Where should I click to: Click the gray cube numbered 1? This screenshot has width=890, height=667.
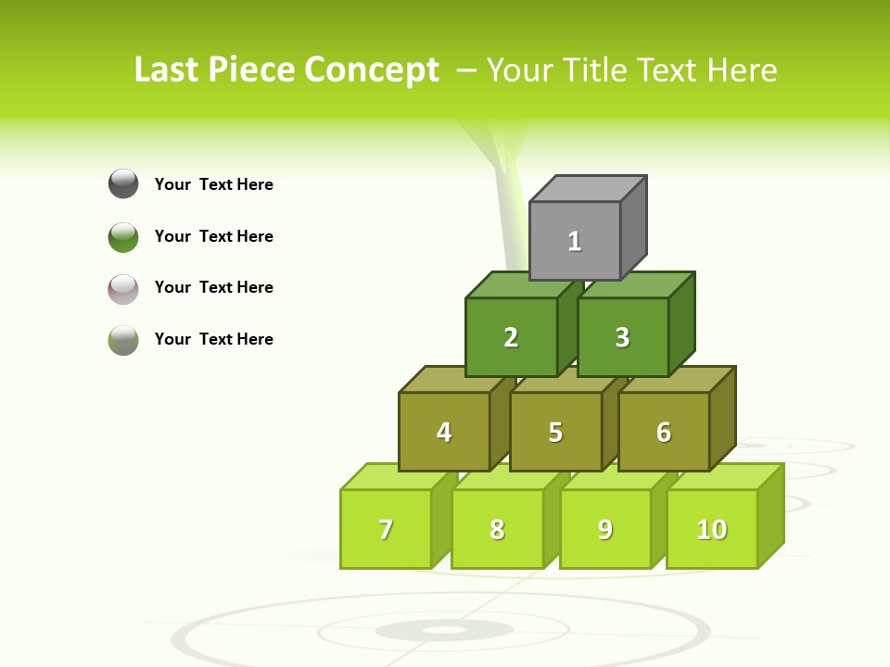575,241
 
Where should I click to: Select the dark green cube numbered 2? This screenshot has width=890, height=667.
511,337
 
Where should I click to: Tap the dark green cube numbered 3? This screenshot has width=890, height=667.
622,337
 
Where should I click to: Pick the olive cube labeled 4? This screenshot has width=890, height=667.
444,432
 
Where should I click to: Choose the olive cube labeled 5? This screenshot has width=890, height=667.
555,432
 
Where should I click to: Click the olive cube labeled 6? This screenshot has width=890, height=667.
664,432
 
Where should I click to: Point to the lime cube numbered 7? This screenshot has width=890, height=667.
386,529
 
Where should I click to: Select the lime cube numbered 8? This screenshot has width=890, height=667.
497,529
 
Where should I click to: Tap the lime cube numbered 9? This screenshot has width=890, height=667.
604,529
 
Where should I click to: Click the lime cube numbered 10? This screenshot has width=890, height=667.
711,529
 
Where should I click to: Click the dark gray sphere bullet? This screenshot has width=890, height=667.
123,183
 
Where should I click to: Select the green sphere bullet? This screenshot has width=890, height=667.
123,236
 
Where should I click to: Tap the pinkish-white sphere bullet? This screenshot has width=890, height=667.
123,288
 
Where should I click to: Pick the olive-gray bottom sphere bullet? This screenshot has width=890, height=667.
123,339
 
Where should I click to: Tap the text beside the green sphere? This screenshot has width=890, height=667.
214,236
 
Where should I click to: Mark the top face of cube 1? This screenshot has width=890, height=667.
588,189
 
